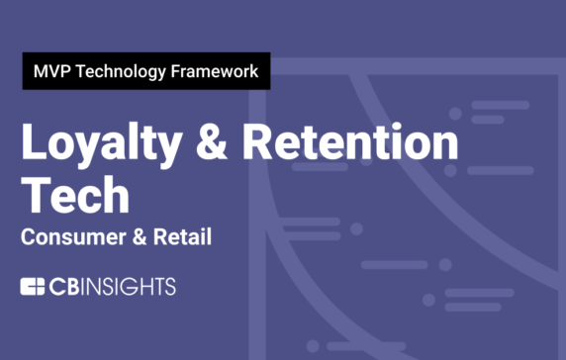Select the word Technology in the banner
(121, 71)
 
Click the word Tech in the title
(75, 196)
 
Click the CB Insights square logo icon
(34, 288)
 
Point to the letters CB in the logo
(64, 288)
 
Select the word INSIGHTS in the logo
(129, 288)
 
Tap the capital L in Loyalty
(34, 147)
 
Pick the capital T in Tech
(36, 196)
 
